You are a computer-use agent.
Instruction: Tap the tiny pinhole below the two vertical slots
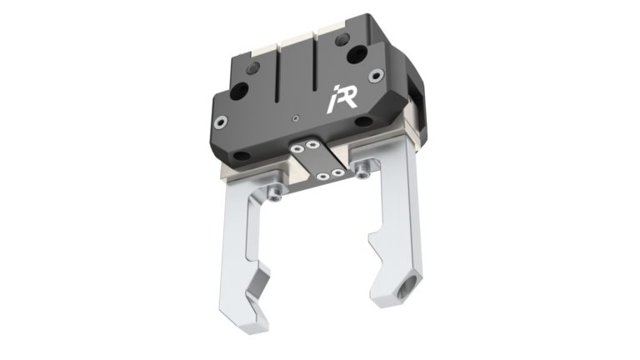click(297, 118)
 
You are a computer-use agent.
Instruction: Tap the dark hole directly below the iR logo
click(363, 122)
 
